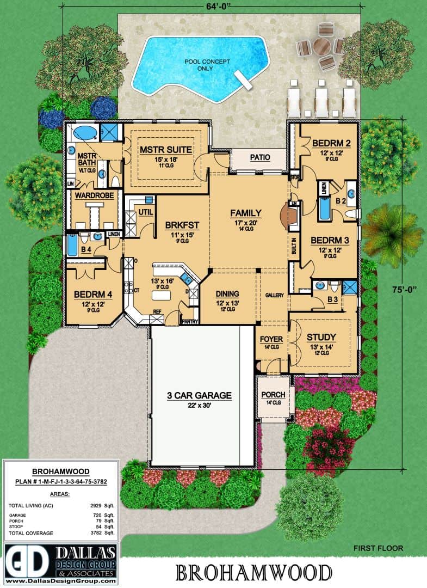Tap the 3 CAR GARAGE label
[200, 395]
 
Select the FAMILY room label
[245, 213]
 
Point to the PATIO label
[260, 157]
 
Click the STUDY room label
[321, 337]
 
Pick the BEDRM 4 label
[93, 295]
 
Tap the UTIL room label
[145, 211]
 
